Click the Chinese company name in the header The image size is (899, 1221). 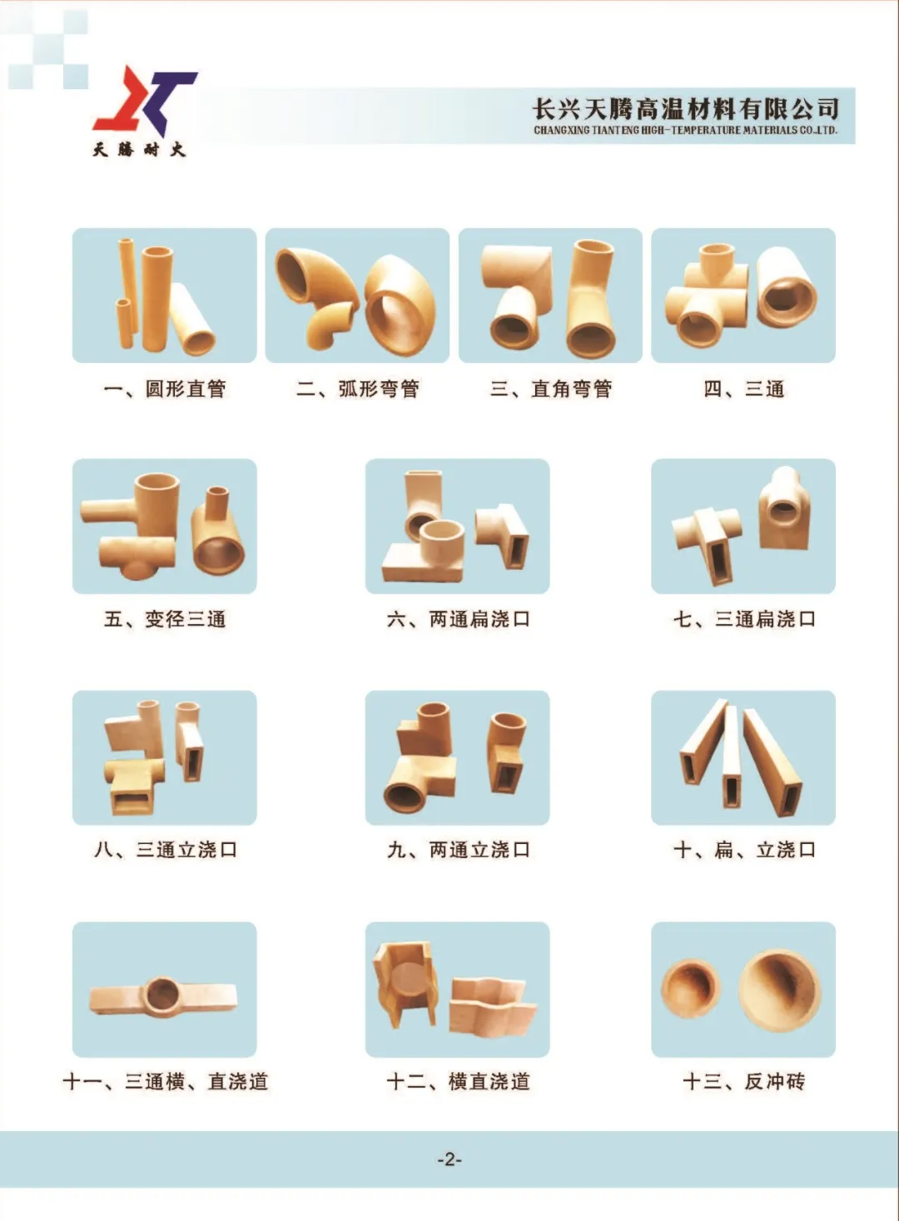click(685, 108)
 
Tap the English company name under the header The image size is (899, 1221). click(685, 131)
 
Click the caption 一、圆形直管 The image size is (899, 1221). click(164, 389)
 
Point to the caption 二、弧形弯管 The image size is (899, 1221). click(358, 389)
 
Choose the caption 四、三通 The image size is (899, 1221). click(743, 389)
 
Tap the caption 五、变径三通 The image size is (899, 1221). click(164, 619)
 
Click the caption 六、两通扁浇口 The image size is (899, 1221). click(458, 619)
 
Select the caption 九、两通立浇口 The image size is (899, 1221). click(458, 850)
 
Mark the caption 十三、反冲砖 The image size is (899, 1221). click(743, 1081)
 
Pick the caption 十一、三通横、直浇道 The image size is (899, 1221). click(165, 1081)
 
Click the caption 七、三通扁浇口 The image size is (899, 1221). click(743, 619)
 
